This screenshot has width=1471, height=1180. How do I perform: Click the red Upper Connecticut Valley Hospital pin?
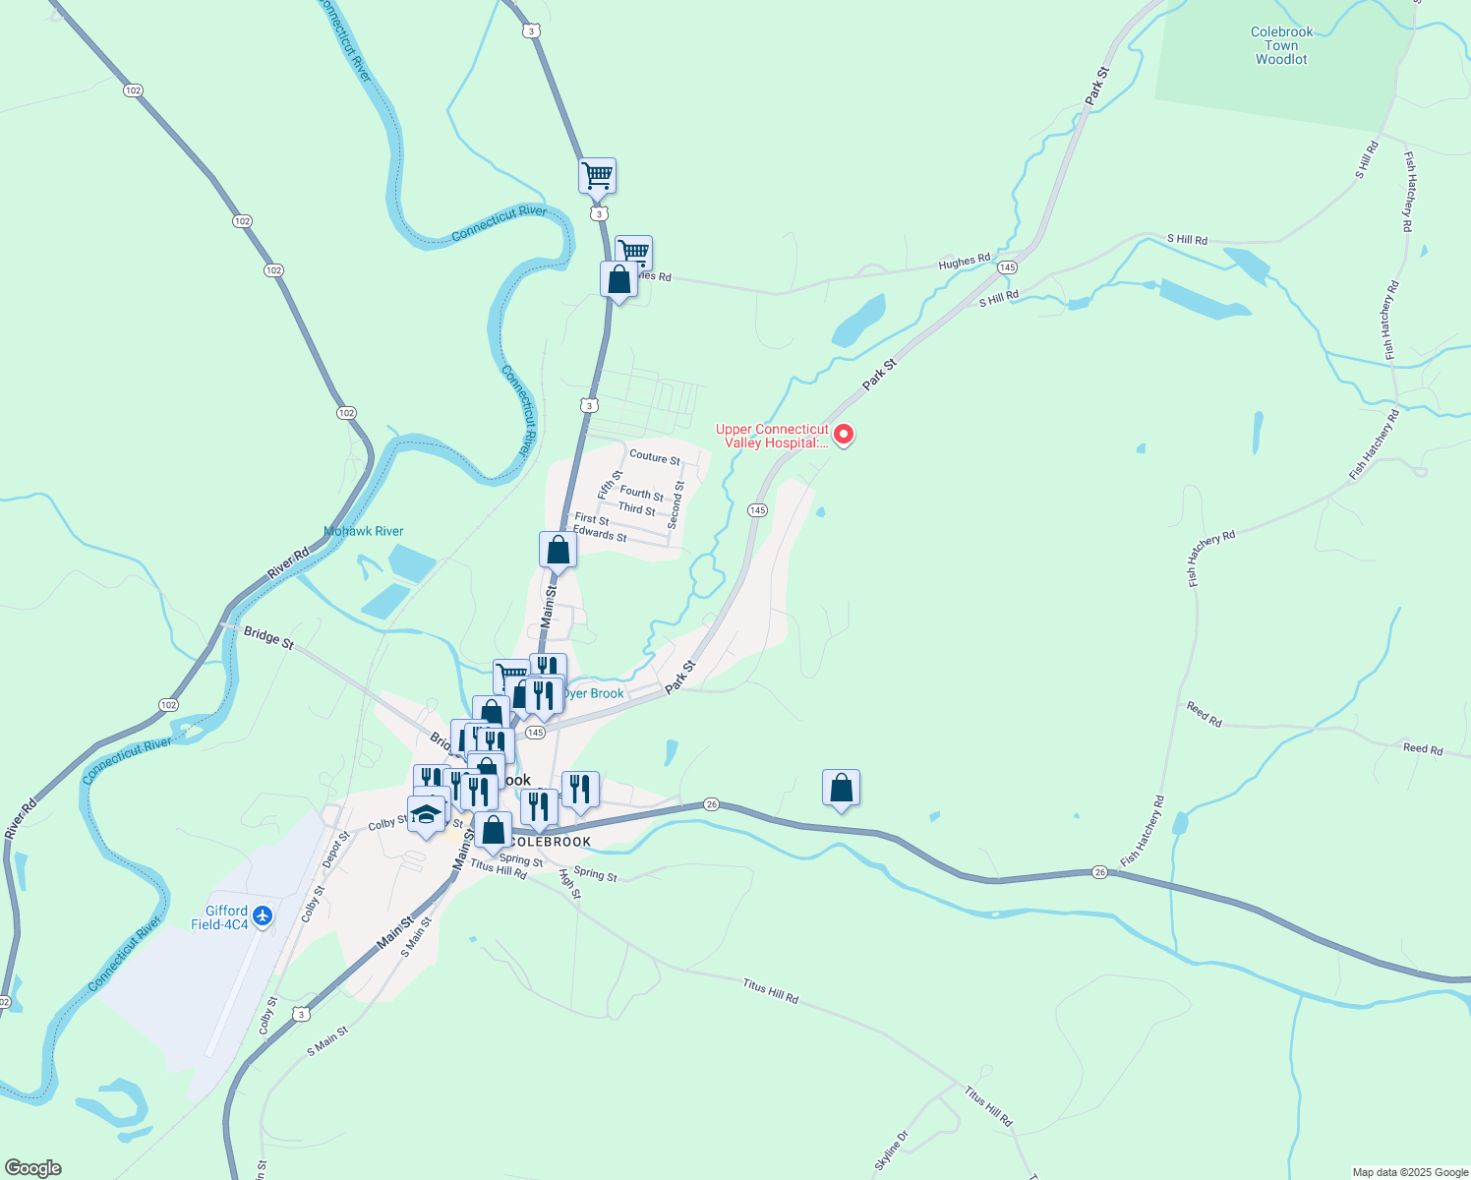(x=843, y=434)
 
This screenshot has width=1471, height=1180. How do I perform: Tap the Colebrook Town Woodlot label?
(x=1281, y=45)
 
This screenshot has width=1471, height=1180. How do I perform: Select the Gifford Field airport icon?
(x=262, y=916)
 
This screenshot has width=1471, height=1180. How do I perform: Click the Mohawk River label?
(x=364, y=531)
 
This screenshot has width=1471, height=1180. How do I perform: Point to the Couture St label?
(x=654, y=457)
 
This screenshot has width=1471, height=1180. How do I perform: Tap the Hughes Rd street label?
(x=964, y=262)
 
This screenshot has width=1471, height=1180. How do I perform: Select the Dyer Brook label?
(x=594, y=693)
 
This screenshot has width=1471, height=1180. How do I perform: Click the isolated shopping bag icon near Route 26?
(x=841, y=789)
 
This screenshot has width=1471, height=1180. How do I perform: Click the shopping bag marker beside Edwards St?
(x=558, y=551)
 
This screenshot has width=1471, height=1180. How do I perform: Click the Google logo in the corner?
(x=32, y=1168)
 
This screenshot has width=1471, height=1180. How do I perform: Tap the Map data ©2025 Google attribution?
(x=1409, y=1172)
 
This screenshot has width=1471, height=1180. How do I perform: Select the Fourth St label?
(x=641, y=493)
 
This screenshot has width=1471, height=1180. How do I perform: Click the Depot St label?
(x=336, y=851)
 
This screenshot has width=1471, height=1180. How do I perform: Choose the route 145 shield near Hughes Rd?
(x=1007, y=267)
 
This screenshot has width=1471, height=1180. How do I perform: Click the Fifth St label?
(x=610, y=483)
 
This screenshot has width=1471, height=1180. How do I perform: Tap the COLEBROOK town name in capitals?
(x=552, y=842)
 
